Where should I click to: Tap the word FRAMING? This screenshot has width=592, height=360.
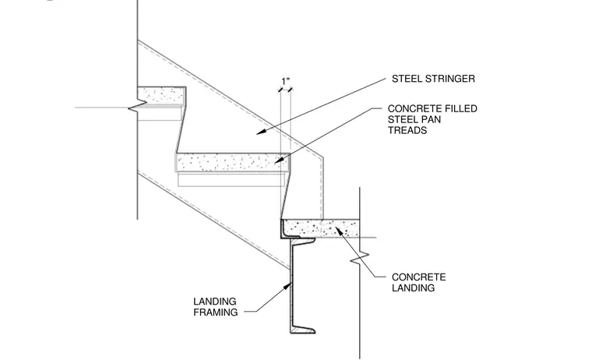point(216,312)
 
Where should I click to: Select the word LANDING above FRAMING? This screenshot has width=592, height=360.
point(215,302)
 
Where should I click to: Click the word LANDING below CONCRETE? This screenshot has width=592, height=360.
point(413,288)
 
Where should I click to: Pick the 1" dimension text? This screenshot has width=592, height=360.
point(285,81)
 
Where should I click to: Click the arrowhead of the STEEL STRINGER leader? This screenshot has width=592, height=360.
point(261,132)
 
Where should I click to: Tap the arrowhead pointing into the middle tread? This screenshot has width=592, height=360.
point(279,161)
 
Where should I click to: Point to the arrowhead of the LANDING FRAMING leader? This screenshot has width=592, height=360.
point(288,286)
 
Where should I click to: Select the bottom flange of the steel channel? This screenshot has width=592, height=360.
point(302,330)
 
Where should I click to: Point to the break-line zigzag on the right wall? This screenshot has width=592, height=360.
point(359,259)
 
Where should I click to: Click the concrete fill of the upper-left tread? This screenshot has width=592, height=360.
point(160,95)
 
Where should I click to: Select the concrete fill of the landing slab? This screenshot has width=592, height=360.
point(320,228)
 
